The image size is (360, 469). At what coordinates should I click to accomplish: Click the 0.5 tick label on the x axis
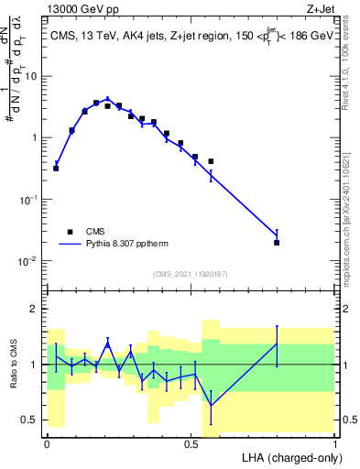coord(191,442)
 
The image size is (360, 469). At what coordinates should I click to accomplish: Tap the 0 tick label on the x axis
coord(47,442)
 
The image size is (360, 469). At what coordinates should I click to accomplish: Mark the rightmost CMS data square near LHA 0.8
coord(277,243)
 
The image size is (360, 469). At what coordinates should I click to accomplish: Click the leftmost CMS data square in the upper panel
coord(56,169)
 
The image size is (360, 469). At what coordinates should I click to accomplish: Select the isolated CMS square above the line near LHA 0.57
coord(211,161)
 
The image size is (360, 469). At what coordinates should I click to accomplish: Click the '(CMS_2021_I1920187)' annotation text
coord(191,273)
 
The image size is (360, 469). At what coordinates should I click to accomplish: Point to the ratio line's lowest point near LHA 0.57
coord(211,405)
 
